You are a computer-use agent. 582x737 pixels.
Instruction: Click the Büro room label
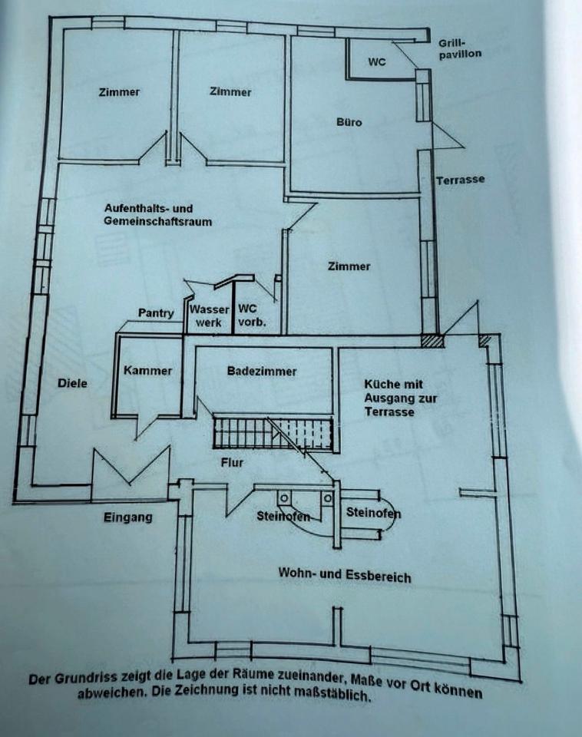coord(349,122)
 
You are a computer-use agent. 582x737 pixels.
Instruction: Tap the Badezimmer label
coord(262,372)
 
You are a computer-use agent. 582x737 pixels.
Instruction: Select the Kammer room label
coord(147,370)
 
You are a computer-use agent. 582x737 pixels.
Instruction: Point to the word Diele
coord(72,383)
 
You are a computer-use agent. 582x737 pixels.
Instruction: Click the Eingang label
coord(128,517)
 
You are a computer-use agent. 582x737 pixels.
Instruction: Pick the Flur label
coord(232,462)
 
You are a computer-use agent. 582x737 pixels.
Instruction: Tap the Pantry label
coord(156,313)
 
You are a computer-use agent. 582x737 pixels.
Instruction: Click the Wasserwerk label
coord(209,316)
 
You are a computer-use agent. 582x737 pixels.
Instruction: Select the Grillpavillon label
coord(460,48)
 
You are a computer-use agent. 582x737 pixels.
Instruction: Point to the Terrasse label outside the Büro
coord(460,180)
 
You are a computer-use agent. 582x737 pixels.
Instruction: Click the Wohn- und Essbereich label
coord(345,575)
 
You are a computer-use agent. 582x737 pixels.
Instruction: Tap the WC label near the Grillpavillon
coord(377,61)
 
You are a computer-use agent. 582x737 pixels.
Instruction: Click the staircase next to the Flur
coord(273,432)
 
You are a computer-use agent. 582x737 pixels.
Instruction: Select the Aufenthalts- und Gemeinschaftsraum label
coord(158,214)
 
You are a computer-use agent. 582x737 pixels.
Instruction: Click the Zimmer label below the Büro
coord(349,266)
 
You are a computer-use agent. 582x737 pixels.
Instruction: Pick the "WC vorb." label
coord(252,316)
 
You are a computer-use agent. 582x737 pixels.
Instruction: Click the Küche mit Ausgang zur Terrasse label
coord(401,398)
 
